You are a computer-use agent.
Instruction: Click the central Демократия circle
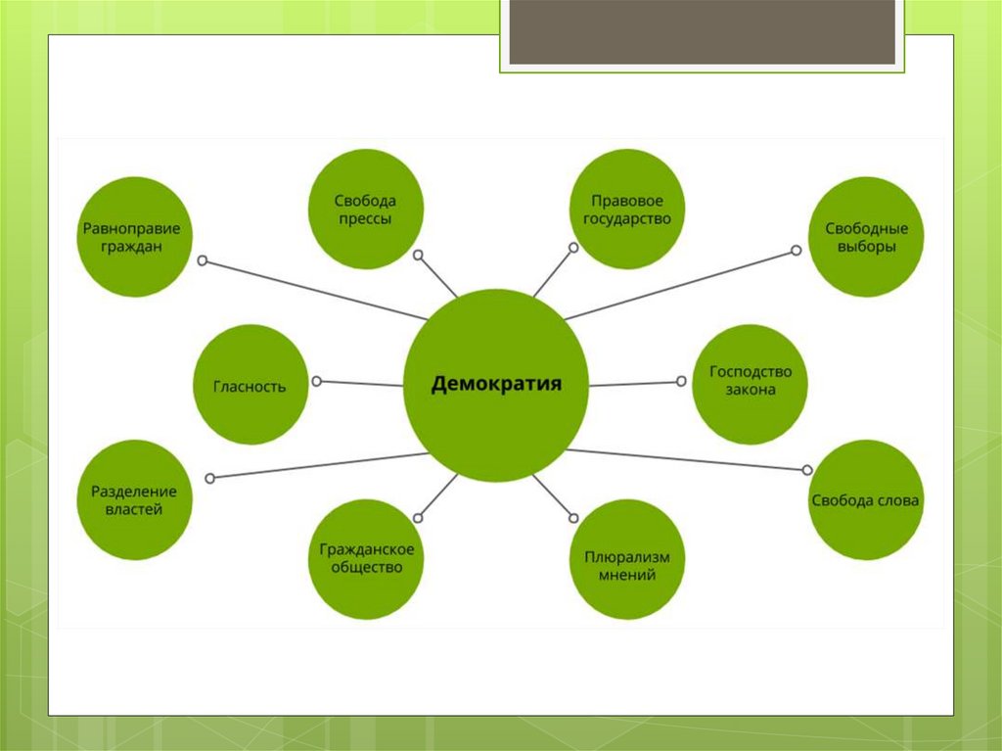click(497, 385)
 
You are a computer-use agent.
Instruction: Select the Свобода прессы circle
click(365, 210)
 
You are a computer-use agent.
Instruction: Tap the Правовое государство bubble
click(627, 210)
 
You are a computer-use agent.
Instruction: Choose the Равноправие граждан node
click(135, 237)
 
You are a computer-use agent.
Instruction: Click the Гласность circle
click(251, 385)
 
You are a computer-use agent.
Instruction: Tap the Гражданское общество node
click(365, 559)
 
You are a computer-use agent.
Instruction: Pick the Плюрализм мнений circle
click(627, 559)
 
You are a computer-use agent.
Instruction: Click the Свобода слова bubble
click(866, 499)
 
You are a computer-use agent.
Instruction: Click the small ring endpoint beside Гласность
click(316, 381)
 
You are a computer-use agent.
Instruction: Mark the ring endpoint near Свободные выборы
click(796, 251)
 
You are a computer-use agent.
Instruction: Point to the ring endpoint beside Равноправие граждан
click(203, 260)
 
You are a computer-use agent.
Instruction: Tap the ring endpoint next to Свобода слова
click(808, 470)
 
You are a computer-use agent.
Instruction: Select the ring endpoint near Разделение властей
click(210, 478)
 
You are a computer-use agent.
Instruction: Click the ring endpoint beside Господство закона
click(683, 382)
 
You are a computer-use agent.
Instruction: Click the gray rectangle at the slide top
click(702, 31)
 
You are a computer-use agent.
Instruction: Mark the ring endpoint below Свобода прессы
click(418, 255)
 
